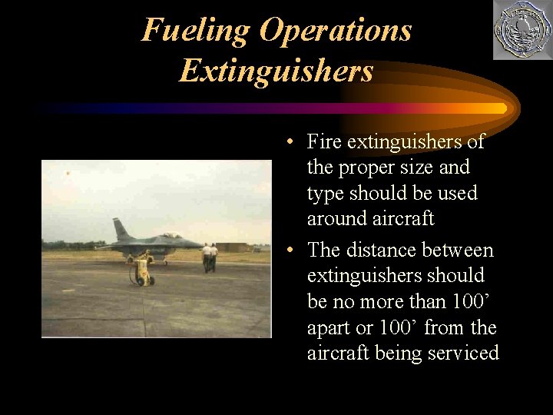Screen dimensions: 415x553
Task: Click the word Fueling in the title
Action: (196, 31)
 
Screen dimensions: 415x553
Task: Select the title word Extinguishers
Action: (276, 71)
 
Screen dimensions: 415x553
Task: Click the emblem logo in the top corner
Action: (522, 30)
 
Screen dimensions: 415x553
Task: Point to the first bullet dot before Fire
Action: (285, 142)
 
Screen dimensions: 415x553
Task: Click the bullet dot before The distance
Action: (285, 251)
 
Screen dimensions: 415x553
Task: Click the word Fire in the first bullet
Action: (324, 141)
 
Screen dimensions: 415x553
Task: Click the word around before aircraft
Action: (337, 219)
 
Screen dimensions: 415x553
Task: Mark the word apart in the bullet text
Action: (329, 328)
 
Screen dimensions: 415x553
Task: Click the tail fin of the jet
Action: (121, 230)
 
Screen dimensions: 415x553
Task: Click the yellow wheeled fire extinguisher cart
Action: (142, 270)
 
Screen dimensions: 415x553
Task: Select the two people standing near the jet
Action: (210, 257)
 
